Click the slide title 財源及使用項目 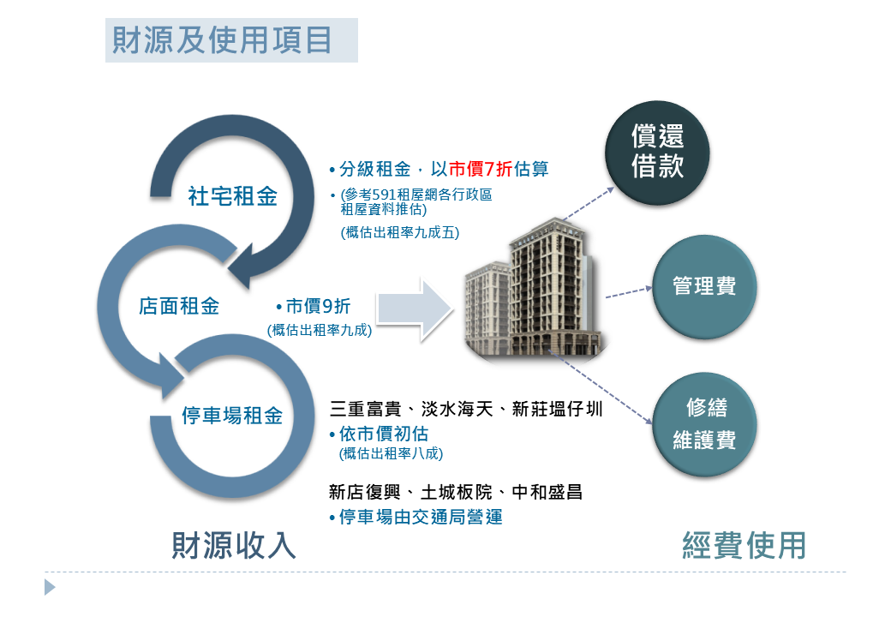(222, 39)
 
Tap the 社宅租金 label (232, 196)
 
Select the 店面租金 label (179, 306)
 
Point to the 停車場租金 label (232, 416)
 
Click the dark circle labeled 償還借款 (657, 153)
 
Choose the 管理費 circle (704, 287)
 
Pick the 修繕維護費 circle (704, 424)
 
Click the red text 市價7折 (480, 169)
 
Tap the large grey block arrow (415, 309)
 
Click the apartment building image (534, 290)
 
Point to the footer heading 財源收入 (234, 545)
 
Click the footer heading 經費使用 (744, 545)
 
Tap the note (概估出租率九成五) (400, 232)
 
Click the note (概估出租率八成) (391, 453)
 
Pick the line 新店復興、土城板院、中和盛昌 (456, 492)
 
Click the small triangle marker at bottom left (50, 587)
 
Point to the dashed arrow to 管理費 (629, 292)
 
